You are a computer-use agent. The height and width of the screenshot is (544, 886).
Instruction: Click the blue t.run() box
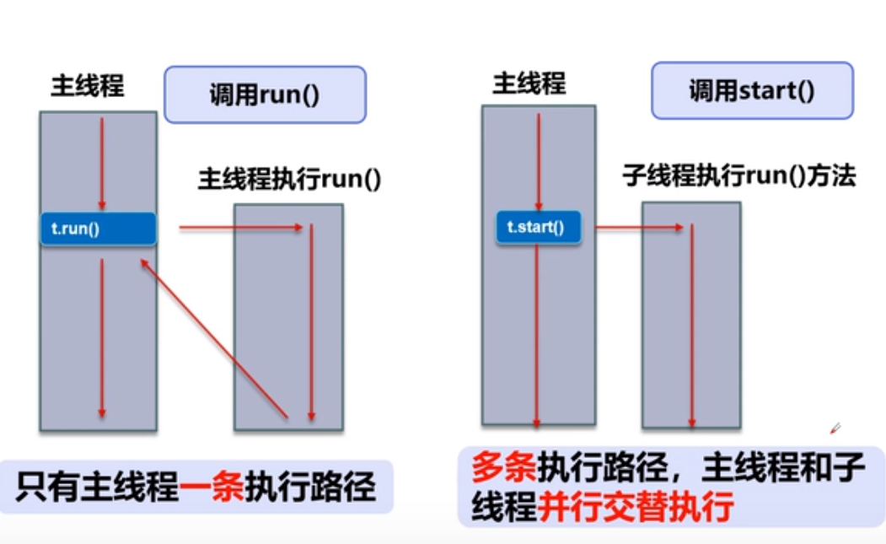(98, 229)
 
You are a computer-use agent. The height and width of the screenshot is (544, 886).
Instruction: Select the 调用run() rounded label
(265, 94)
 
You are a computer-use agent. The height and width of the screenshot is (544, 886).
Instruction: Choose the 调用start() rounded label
(751, 89)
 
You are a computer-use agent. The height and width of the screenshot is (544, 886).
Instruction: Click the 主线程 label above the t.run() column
(88, 86)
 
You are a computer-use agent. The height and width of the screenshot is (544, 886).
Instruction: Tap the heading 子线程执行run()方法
(738, 175)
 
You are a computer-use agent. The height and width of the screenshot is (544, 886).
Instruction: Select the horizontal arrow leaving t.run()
(240, 228)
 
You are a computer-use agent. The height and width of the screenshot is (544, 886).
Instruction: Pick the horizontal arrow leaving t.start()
(638, 226)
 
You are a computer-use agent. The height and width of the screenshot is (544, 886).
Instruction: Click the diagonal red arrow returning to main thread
(215, 337)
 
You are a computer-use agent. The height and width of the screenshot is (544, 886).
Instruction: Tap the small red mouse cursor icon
(835, 428)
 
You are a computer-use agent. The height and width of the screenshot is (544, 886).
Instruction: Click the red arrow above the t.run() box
(102, 163)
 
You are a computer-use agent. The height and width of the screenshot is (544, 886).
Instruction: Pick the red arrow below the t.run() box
(102, 337)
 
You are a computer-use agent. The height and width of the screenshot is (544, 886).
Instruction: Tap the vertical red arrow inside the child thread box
(691, 325)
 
